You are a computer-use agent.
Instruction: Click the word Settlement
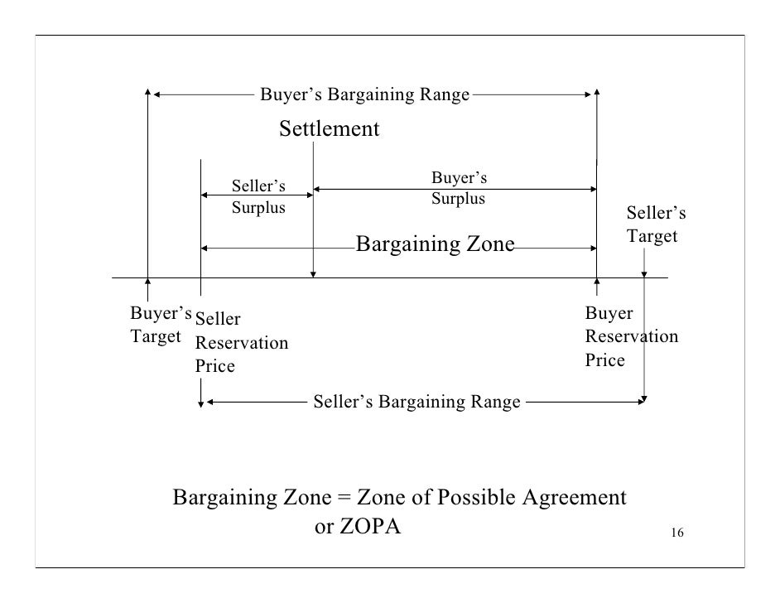click(329, 129)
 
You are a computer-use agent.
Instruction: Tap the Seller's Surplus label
click(258, 196)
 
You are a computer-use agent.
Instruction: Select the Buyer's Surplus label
click(459, 188)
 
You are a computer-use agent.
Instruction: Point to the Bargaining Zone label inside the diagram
click(436, 244)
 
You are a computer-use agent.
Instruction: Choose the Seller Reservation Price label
click(241, 341)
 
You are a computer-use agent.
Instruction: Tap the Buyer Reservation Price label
click(631, 336)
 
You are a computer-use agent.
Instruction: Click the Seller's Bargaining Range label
click(416, 403)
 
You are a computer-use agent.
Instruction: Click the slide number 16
click(676, 533)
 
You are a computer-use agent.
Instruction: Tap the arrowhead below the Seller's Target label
click(644, 275)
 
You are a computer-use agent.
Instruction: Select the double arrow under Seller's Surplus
click(257, 194)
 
